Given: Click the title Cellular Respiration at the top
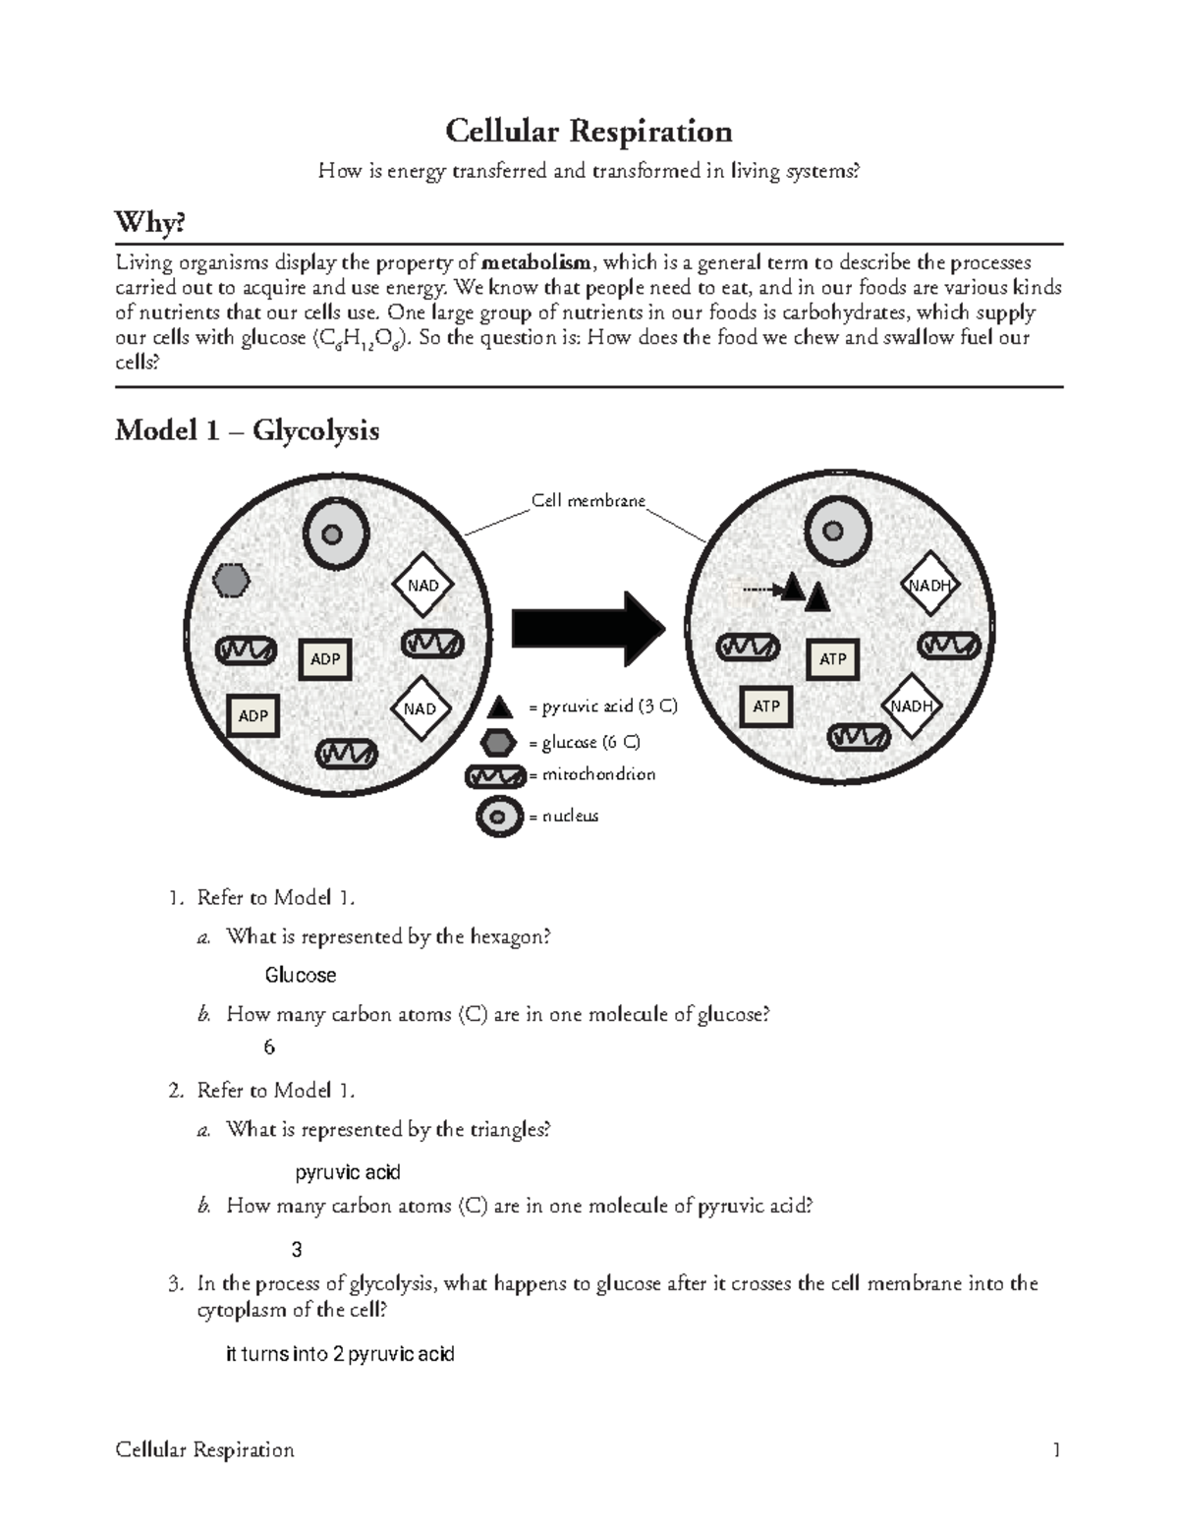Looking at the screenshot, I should click(589, 131).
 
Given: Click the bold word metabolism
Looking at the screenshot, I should click(536, 262).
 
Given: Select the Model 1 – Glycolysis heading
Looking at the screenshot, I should click(247, 430).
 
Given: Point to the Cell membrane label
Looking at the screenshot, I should click(588, 501).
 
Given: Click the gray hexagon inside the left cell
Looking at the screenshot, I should click(232, 580).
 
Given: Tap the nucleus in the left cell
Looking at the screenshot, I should click(333, 535).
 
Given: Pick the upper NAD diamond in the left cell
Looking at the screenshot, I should click(422, 586).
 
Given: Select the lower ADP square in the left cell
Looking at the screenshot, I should click(253, 715).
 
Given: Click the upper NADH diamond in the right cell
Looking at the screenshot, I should click(929, 586).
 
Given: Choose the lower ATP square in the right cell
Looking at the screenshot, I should click(766, 706).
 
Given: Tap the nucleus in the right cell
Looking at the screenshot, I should click(834, 532).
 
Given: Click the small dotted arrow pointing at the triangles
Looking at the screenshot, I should click(758, 590).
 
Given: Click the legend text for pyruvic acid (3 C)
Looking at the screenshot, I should click(602, 706).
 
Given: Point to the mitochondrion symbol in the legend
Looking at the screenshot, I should click(496, 776).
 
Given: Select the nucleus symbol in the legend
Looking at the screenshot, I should click(499, 817).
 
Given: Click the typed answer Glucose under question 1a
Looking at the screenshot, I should click(301, 975).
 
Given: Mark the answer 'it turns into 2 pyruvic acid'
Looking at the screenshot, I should click(340, 1354).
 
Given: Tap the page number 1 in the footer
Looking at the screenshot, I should click(1056, 1449).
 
